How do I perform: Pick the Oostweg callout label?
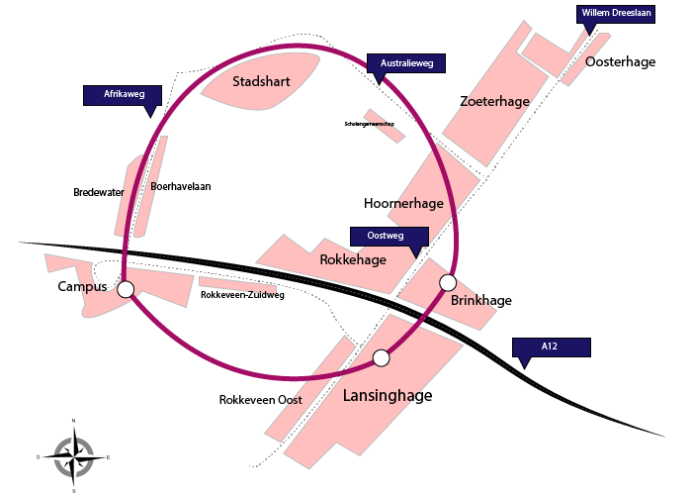pos(389,237)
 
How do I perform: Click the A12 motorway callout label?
pos(551,346)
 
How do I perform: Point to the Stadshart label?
pos(261,81)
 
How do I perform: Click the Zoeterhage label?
pos(495,101)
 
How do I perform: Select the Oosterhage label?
pos(621,61)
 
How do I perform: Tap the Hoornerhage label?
pos(403,203)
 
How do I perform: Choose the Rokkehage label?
pos(353,260)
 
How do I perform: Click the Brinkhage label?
pos(480,300)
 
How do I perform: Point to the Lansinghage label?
pos(388,396)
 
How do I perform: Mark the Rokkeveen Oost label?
pos(260,400)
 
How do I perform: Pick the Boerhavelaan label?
pos(181,186)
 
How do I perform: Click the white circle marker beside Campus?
pos(126,289)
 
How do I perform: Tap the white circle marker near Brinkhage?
pos(448,281)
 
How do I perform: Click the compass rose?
pos(73,456)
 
